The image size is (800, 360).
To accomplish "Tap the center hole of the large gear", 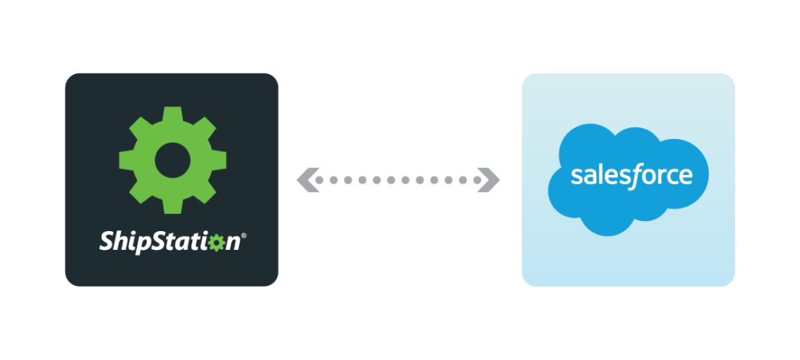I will click(x=171, y=159).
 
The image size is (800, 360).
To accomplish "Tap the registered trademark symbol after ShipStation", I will click(x=245, y=236).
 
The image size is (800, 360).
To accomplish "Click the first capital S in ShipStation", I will click(x=105, y=241).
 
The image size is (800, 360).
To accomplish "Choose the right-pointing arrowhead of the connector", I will click(x=491, y=180).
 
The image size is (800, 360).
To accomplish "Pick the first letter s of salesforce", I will click(x=576, y=176).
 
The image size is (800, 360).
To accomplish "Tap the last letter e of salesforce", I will click(x=687, y=176).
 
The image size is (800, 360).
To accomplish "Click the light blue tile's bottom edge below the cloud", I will click(x=628, y=283).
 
